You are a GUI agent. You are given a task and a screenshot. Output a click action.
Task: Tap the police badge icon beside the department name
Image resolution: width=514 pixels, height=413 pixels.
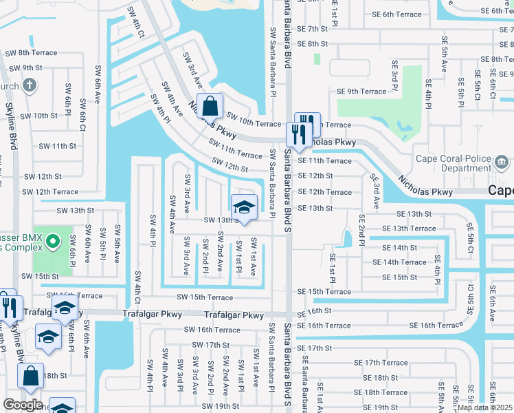coord(502,163)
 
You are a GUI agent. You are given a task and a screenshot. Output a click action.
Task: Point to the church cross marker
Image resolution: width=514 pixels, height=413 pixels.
coord(29,85)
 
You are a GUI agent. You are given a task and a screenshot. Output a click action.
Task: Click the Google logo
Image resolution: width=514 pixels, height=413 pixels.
coord(23,404)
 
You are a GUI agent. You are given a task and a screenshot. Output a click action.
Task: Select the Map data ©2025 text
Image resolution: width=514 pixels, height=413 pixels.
coord(484,407)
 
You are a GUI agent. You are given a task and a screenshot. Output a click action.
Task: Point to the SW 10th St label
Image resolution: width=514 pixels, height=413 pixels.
coord(36,116)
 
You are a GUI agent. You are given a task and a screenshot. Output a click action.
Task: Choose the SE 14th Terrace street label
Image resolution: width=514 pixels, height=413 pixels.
coord(399,262)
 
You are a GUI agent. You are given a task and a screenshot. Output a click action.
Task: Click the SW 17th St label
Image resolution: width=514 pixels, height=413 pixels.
coord(206,345)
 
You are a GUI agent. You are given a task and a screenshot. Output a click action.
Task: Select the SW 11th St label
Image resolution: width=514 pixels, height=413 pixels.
coord(57,146)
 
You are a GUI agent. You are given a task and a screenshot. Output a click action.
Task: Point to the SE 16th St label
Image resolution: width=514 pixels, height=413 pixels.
coord(314,311)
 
